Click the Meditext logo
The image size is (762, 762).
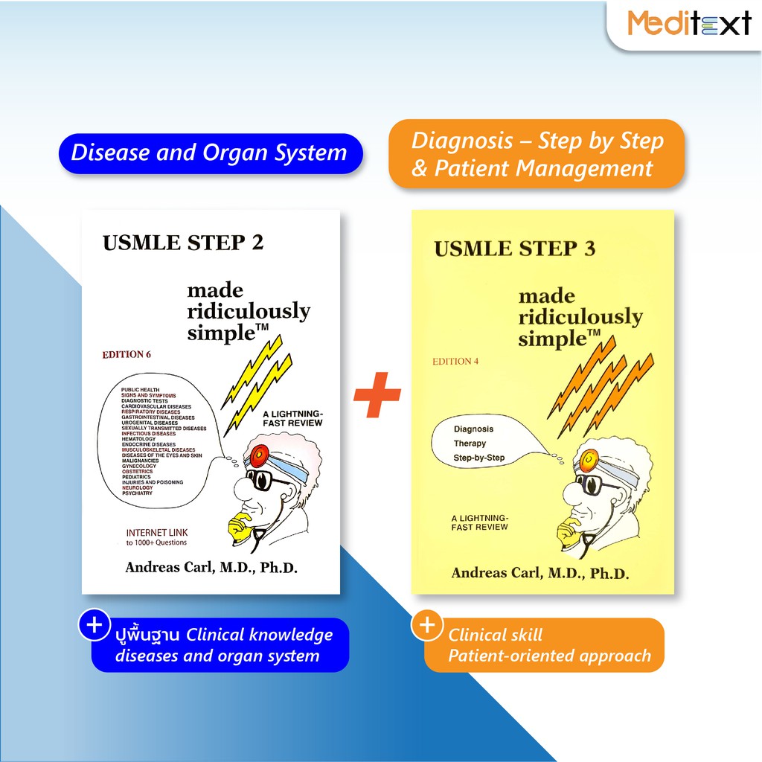coord(688,23)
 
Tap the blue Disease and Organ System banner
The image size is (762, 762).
coord(209,153)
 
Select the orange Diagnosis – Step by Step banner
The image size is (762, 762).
coord(537,154)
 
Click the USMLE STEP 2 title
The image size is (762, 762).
coord(183,243)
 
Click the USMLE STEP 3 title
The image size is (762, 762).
coord(514,249)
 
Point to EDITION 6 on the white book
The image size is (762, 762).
coord(127,354)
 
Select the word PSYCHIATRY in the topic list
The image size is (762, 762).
coord(137,493)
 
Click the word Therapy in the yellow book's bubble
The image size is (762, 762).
coord(470,444)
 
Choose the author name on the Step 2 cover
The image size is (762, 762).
coord(211,567)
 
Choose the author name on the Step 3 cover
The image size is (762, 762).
coord(540,573)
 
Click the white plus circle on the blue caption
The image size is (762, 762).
coord(95,626)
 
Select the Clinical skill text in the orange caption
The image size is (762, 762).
coord(495,635)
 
